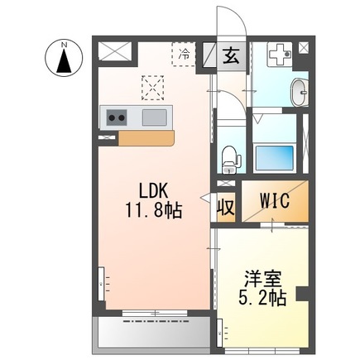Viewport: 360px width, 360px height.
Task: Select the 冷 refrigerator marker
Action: [184, 55]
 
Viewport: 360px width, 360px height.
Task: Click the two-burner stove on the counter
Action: [117, 118]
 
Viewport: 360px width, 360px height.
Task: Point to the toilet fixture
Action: [229, 156]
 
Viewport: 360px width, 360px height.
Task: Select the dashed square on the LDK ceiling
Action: [153, 86]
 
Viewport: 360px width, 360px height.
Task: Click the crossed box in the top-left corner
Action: [111, 50]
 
